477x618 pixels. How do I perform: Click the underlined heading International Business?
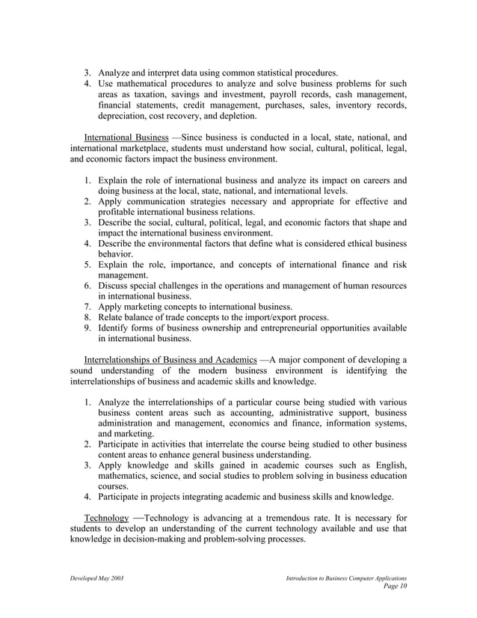(126, 138)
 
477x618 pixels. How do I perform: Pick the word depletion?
(237, 116)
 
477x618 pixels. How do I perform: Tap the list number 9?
(87, 328)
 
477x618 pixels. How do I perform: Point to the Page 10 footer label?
(394, 588)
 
